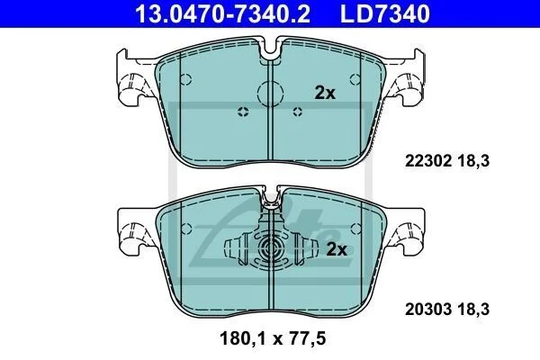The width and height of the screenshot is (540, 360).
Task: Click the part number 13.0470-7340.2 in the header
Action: pos(223,13)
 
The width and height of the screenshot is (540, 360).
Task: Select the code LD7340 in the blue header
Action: pos(385,13)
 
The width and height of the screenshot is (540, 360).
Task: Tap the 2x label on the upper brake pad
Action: pos(325,93)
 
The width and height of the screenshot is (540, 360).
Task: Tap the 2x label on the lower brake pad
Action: pos(337,249)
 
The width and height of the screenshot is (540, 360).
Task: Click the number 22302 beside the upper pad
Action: pos(427,161)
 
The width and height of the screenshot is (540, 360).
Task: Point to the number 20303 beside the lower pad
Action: pos(427,310)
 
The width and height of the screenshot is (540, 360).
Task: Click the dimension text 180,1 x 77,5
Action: pos(273,338)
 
